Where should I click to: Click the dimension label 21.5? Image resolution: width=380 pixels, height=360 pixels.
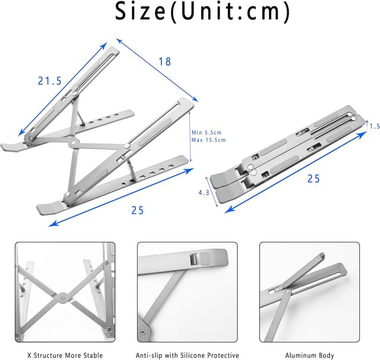pos(50,81)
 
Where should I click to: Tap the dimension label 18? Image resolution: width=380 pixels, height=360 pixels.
pos(165,62)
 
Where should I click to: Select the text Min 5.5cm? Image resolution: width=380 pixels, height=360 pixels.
pos(207,132)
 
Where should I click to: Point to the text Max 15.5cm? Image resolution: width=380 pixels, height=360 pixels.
pos(208,140)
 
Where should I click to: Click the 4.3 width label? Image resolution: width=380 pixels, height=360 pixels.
pos(204,192)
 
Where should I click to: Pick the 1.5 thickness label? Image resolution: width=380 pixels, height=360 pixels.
pos(375,126)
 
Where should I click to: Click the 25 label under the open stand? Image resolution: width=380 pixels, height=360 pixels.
pos(137,210)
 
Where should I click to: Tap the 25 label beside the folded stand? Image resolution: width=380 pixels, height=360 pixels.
pos(313,179)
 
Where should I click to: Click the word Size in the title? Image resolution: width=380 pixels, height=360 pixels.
pos(140,11)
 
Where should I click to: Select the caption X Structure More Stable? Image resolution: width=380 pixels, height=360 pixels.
pos(65,355)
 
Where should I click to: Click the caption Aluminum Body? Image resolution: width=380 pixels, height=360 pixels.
pos(309,355)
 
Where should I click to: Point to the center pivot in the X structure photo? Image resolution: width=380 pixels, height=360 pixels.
pos(62,296)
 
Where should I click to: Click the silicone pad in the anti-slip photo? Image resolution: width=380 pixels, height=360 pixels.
pos(205,258)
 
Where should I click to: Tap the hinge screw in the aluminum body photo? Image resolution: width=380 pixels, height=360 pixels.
pos(288,292)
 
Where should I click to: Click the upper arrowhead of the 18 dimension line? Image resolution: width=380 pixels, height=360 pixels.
pos(119,40)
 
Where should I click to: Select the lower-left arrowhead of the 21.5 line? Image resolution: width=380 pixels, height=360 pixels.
pos(21,132)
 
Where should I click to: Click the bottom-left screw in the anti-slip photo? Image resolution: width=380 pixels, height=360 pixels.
pos(143,332)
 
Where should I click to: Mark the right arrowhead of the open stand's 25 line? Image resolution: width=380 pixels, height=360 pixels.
pos(189,170)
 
